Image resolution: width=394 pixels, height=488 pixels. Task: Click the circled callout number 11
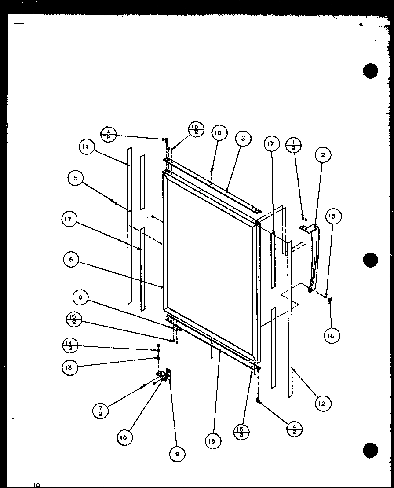tap(87, 147)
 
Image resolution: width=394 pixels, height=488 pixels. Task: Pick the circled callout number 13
tap(69, 367)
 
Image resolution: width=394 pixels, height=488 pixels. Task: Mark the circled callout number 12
tap(323, 404)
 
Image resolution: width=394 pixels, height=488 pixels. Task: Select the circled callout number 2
tap(323, 154)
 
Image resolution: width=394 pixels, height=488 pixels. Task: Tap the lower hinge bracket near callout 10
tap(165, 375)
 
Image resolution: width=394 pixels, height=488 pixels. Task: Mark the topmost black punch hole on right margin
tap(371, 70)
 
